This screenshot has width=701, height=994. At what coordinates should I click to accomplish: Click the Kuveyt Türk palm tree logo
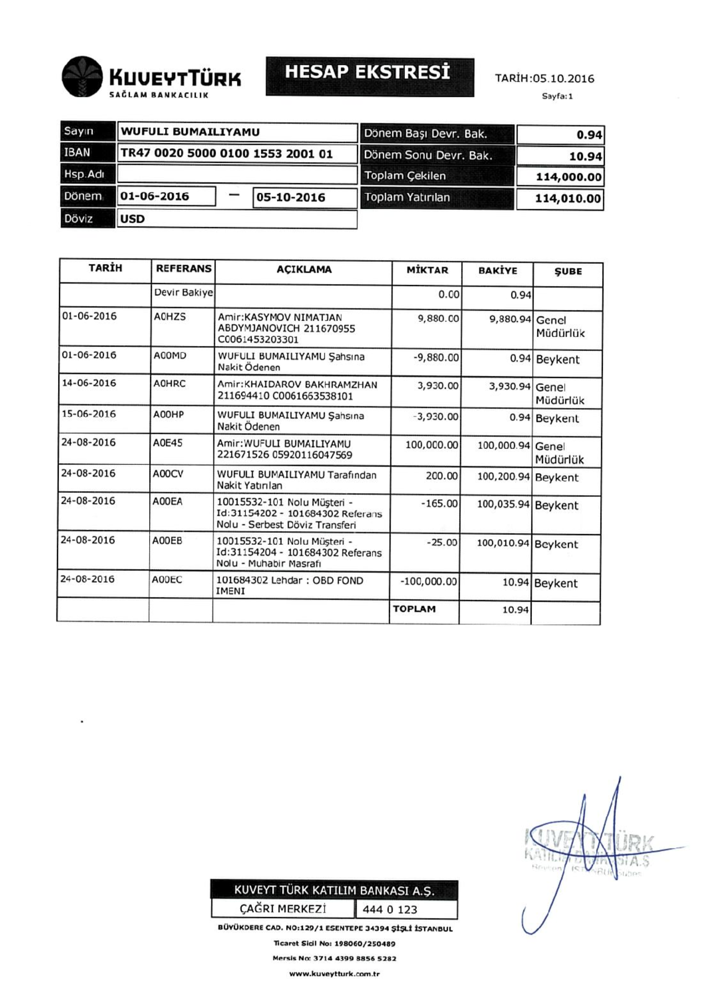pyautogui.click(x=82, y=78)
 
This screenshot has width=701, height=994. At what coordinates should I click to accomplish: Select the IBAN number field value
pyautogui.click(x=227, y=154)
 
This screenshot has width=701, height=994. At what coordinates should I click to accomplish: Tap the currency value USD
pyautogui.click(x=132, y=219)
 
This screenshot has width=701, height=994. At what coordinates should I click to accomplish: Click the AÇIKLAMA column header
pyautogui.click(x=304, y=270)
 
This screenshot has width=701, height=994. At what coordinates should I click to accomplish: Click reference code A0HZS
pyautogui.click(x=169, y=317)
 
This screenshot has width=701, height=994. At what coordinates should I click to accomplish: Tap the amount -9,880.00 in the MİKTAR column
pyautogui.click(x=436, y=358)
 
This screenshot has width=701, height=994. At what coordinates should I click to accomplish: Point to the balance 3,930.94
pyautogui.click(x=510, y=387)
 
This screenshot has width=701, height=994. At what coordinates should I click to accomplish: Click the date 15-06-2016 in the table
pyautogui.click(x=89, y=414)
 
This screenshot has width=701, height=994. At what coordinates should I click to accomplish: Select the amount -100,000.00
pyautogui.click(x=428, y=581)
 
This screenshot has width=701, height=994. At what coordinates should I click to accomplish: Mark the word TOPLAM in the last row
pyautogui.click(x=414, y=609)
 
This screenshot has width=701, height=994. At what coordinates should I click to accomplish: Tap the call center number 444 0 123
pyautogui.click(x=390, y=909)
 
